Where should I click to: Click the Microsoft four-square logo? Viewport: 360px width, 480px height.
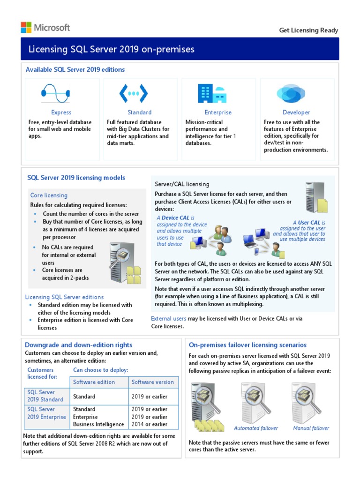[26, 27]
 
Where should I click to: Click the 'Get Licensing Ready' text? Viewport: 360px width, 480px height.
[308, 30]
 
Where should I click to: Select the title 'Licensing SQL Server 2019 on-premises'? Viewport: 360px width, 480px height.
[112, 49]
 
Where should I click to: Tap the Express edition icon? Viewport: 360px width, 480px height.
[55, 93]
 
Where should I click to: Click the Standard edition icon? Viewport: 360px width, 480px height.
[134, 93]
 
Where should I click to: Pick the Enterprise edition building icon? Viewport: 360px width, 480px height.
[212, 93]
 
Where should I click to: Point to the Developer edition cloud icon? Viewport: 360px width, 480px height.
[291, 93]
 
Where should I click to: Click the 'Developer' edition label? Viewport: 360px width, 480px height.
[296, 112]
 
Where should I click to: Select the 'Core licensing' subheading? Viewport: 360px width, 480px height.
[49, 195]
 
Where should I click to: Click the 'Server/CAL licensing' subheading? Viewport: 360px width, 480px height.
[182, 184]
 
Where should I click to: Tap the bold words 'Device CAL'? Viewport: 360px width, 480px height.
[176, 218]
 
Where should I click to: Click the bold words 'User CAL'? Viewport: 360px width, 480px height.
[309, 222]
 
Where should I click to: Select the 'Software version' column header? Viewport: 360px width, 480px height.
[152, 382]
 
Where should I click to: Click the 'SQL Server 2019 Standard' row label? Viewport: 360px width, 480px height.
[45, 396]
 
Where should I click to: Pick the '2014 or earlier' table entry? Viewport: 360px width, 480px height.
[149, 424]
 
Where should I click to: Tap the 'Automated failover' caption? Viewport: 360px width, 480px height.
[255, 428]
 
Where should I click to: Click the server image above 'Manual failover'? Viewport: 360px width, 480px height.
[307, 403]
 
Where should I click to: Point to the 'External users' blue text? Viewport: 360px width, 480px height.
[168, 319]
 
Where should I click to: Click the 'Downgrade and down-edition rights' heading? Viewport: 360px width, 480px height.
[78, 345]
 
